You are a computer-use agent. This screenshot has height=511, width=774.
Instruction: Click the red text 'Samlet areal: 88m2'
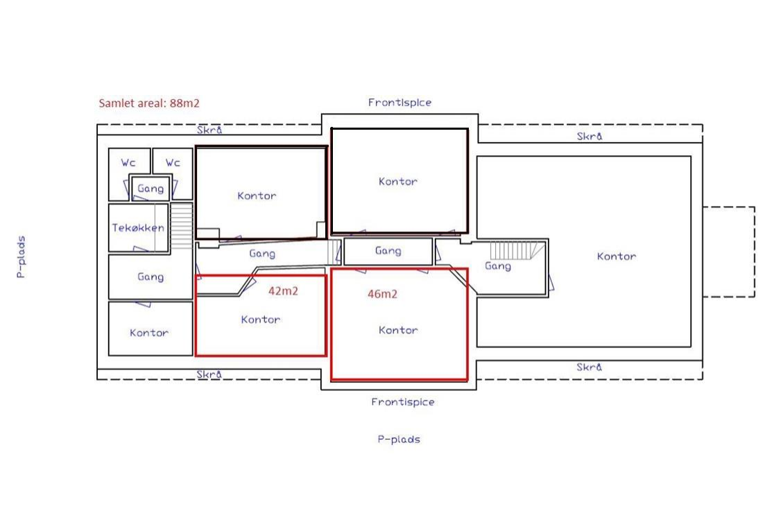(149, 103)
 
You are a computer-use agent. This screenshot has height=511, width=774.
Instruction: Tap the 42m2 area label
(284, 291)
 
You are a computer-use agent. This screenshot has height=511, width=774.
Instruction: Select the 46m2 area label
(383, 294)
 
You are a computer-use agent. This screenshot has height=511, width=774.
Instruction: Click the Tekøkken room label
(138, 227)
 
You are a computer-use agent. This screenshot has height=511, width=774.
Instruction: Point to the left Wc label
(128, 162)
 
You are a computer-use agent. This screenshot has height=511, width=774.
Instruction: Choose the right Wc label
(173, 162)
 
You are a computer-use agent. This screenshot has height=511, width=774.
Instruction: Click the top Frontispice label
(400, 103)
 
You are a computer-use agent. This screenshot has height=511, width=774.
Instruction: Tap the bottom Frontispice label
(403, 402)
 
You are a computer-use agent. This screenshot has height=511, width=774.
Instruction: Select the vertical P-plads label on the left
(21, 257)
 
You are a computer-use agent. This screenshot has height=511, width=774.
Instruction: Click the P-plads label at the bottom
(399, 439)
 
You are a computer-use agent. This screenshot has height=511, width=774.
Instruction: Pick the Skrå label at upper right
(590, 136)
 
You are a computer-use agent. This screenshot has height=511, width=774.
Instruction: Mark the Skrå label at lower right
(590, 367)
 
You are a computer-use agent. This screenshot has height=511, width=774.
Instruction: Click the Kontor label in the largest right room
(617, 257)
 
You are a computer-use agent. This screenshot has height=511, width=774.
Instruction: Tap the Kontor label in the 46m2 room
(398, 330)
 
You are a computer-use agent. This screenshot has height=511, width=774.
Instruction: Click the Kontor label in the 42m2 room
(261, 320)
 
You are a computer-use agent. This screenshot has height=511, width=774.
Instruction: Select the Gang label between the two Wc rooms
(150, 188)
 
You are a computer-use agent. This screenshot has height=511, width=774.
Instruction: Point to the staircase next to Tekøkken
(181, 226)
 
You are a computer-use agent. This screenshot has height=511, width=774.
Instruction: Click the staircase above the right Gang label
(517, 250)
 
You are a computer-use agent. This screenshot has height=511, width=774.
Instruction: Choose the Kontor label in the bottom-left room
(149, 333)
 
